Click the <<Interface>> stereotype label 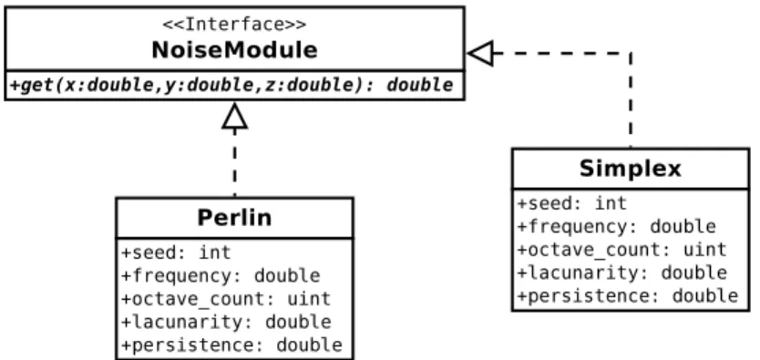tap(234, 25)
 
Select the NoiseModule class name tap(234, 50)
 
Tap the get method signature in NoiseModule tap(231, 86)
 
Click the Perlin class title tap(234, 218)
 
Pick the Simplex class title tap(631, 169)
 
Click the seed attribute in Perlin tap(176, 252)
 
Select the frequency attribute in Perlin tap(221, 275)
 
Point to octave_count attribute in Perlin tap(226, 299)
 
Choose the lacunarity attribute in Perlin tap(226, 322)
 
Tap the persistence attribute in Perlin tap(231, 345)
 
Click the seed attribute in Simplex tap(572, 203)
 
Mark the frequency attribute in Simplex tap(617, 226)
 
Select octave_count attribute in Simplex tap(621, 250)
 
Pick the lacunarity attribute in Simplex tap(622, 273)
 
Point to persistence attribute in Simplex tap(628, 295)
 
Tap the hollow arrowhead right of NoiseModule tap(480, 53)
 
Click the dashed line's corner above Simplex tap(631, 53)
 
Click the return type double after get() tap(420, 86)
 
